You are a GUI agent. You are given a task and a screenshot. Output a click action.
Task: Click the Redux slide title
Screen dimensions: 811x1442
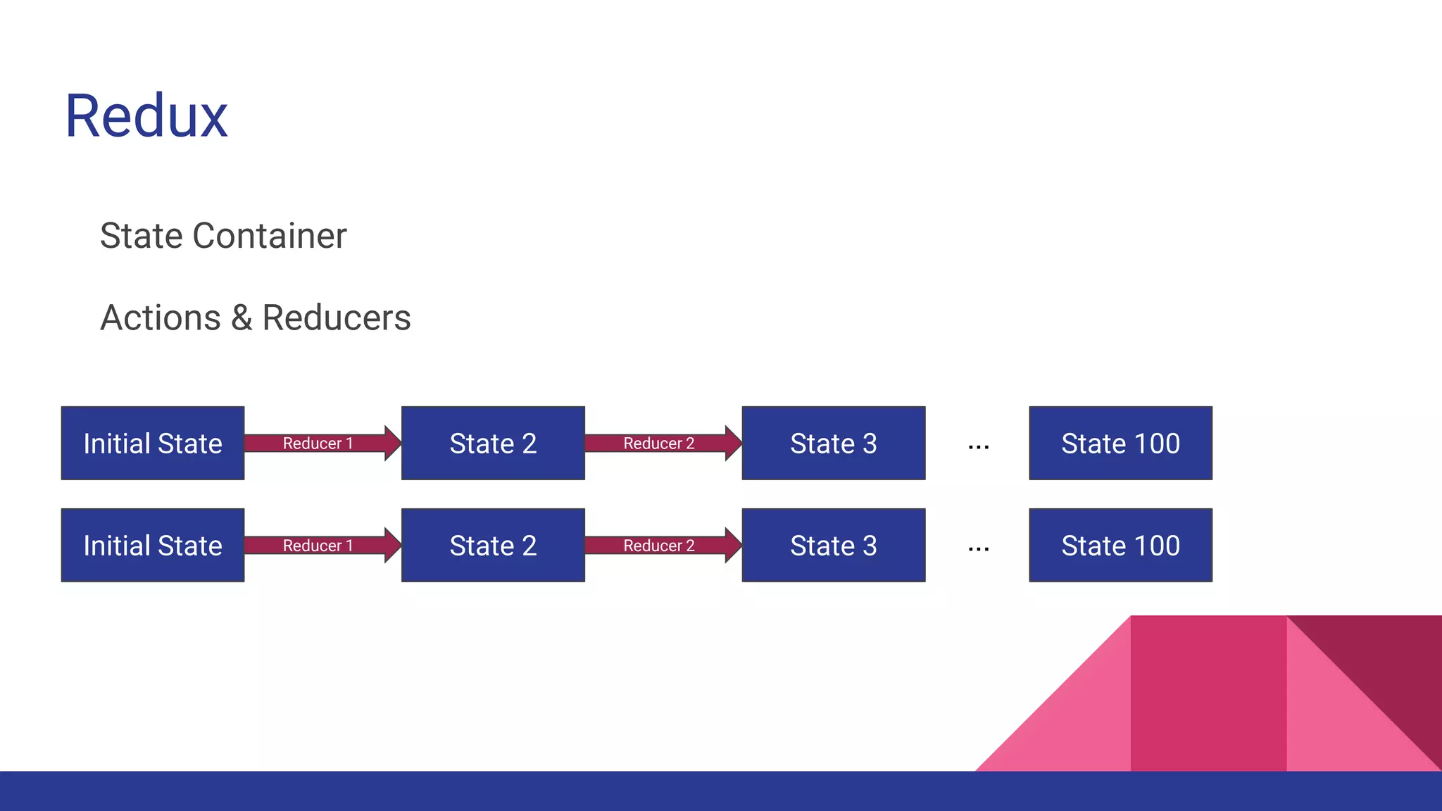(146, 116)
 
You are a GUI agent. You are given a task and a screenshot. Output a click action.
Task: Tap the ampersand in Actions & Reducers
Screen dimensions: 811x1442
(241, 318)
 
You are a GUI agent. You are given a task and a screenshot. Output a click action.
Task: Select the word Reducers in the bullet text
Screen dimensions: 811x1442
(336, 318)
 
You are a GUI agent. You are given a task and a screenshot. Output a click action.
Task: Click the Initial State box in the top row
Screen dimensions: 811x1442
(153, 444)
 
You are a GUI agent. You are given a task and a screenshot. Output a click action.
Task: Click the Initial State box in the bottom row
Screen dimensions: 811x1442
(153, 546)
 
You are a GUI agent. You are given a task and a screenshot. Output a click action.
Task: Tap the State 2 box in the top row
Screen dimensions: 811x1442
(493, 444)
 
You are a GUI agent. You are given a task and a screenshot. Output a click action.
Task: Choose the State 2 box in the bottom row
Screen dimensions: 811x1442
(493, 546)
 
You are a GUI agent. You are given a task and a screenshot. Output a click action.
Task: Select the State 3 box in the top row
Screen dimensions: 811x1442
(834, 444)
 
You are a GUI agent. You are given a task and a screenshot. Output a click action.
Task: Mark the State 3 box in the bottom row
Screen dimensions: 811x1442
(834, 546)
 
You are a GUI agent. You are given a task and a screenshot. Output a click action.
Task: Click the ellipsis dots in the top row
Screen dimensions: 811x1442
(979, 447)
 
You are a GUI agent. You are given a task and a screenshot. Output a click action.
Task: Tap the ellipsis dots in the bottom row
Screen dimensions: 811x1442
(979, 549)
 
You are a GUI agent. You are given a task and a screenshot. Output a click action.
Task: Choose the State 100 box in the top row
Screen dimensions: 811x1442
(1120, 444)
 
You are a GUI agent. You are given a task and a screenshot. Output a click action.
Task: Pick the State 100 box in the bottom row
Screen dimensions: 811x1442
(1120, 546)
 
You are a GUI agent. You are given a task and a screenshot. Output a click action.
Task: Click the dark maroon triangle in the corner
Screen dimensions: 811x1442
(1391, 662)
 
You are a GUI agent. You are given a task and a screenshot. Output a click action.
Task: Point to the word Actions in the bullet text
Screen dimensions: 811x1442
(161, 318)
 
